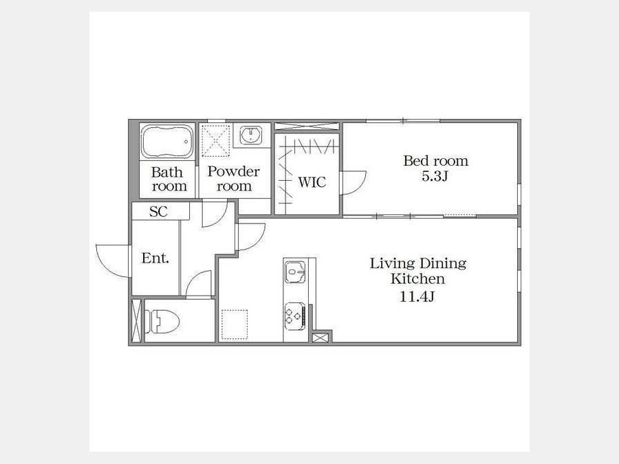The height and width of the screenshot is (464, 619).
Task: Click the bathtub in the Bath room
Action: point(167,141)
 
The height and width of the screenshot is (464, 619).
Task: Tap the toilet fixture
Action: point(162,321)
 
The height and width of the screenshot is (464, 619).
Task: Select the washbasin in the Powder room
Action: point(250,135)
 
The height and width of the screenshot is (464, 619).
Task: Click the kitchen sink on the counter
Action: point(295,272)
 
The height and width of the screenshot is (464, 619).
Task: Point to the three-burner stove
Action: point(295,316)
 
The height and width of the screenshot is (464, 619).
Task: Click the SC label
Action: point(159,212)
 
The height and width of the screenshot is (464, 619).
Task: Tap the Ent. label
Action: point(155,258)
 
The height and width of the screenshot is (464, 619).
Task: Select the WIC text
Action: point(312,182)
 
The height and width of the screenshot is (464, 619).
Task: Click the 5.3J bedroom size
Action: point(435,176)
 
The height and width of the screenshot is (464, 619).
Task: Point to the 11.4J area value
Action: point(417,296)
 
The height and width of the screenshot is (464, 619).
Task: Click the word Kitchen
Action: point(417,278)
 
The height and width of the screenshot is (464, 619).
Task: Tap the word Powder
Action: point(234,171)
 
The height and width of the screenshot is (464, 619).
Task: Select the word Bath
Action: point(167,173)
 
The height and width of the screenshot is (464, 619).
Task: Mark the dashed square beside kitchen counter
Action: point(235,324)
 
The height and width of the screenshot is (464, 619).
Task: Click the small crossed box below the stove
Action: point(319,338)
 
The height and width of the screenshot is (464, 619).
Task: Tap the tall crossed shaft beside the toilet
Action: point(136,320)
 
